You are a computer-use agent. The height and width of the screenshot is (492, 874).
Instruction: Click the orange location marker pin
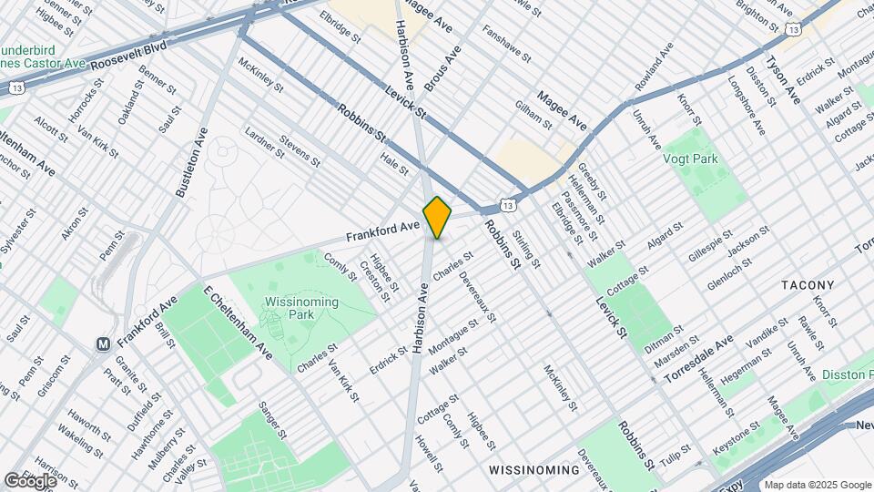tap(437, 217)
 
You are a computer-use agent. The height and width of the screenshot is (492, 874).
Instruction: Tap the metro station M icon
tap(104, 344)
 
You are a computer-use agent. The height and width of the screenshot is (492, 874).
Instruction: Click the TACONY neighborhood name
tap(808, 285)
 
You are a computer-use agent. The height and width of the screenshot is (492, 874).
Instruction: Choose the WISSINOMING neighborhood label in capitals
tap(534, 470)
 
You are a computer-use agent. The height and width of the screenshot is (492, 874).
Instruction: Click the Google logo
tap(29, 480)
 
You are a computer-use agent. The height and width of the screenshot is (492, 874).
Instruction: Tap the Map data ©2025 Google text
tap(817, 484)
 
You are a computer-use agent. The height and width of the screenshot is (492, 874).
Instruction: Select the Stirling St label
tap(526, 249)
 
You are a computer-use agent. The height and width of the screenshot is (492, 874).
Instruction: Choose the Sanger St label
tap(272, 420)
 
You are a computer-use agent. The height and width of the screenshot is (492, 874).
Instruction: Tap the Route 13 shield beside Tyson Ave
tap(794, 30)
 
